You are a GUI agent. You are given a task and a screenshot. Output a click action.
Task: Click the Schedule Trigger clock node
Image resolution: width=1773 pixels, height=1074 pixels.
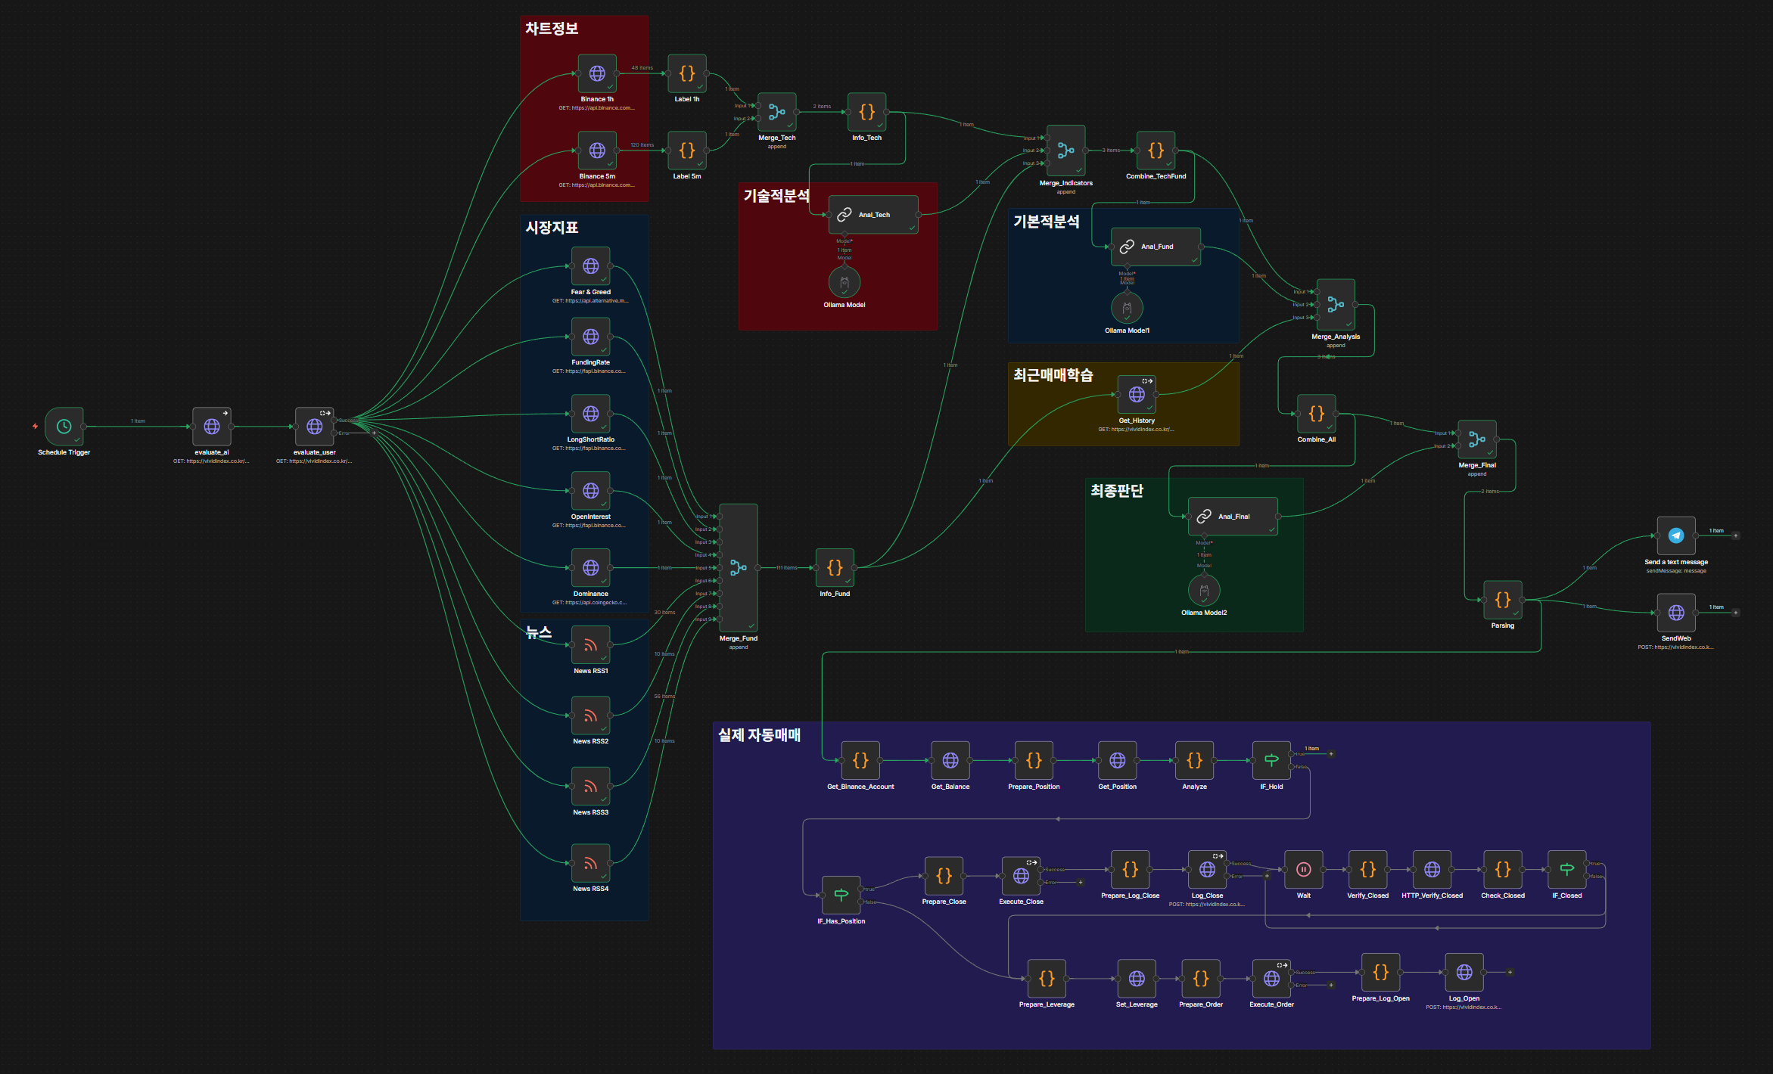pos(64,427)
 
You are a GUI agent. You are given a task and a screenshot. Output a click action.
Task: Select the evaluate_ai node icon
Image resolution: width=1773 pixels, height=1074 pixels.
pos(212,427)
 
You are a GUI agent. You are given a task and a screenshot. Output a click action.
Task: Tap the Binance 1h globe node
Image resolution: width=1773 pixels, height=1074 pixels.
pos(597,73)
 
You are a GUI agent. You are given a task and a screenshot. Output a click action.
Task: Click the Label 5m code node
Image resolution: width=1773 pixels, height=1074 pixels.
pos(686,151)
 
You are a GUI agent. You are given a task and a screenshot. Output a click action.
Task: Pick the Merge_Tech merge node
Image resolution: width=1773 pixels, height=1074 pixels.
pos(777,112)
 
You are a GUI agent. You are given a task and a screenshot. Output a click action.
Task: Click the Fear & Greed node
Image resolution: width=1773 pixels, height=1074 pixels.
pos(591,266)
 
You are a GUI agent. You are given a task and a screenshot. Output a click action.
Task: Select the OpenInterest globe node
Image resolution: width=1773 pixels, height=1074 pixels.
pos(591,491)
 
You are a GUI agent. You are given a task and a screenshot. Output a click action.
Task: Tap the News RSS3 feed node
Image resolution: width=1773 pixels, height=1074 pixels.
pos(591,787)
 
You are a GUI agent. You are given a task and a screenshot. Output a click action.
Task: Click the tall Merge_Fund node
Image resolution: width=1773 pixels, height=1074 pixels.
pos(739,567)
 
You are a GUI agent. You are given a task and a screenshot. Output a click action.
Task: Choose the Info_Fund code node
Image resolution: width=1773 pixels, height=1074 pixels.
pos(835,567)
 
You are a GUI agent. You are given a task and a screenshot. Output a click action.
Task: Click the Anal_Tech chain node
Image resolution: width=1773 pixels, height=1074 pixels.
pos(873,215)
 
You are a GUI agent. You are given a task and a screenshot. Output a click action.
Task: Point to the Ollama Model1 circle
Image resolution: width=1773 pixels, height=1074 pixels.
pos(1127,308)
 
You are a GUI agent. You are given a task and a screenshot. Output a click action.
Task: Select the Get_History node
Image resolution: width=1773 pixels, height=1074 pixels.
pos(1137,395)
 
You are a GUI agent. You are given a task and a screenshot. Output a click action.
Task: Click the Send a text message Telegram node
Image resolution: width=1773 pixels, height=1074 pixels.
pos(1676,535)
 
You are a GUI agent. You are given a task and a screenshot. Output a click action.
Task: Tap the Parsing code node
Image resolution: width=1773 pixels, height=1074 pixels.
pos(1503,600)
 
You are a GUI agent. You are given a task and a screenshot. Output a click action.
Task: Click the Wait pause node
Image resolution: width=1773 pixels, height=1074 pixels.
pos(1304,870)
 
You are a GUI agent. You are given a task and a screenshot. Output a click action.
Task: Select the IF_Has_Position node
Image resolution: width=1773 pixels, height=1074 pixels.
pos(841,896)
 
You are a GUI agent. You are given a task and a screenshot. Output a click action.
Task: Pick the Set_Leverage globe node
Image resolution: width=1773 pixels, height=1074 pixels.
pos(1137,979)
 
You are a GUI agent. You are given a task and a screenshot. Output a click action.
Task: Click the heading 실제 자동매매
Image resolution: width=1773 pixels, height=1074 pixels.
pos(759,735)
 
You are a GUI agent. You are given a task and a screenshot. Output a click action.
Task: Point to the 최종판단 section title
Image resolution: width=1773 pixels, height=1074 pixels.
pos(1116,491)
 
